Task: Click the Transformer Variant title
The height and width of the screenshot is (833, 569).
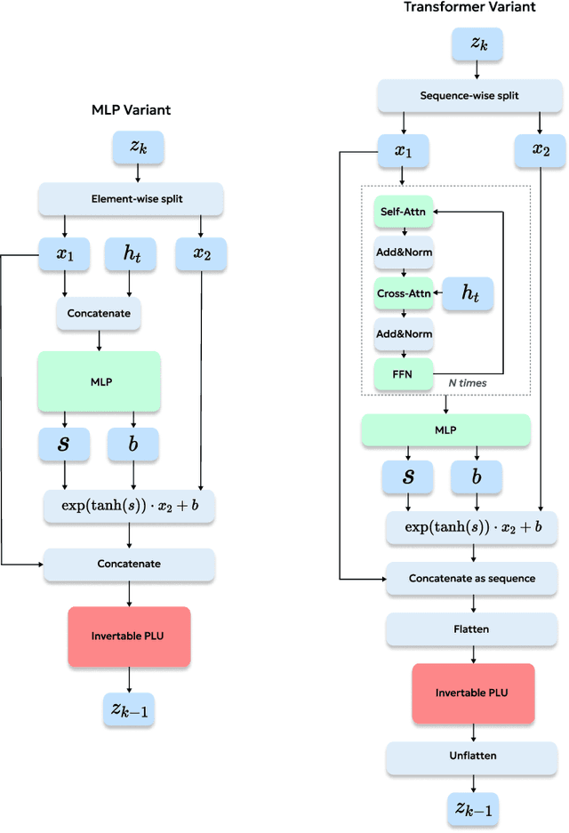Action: [x=469, y=7]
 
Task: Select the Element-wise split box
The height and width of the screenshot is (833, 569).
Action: [x=130, y=199]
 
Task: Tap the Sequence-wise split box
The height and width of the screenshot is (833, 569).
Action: [x=469, y=95]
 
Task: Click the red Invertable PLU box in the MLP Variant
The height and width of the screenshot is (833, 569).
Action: [x=130, y=637]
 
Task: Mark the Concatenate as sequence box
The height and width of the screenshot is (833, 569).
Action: [x=471, y=578]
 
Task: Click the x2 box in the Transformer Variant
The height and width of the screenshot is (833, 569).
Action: [x=541, y=150]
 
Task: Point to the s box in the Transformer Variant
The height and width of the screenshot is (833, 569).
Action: [x=408, y=477]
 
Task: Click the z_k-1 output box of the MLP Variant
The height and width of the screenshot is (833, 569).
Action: [x=130, y=709]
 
